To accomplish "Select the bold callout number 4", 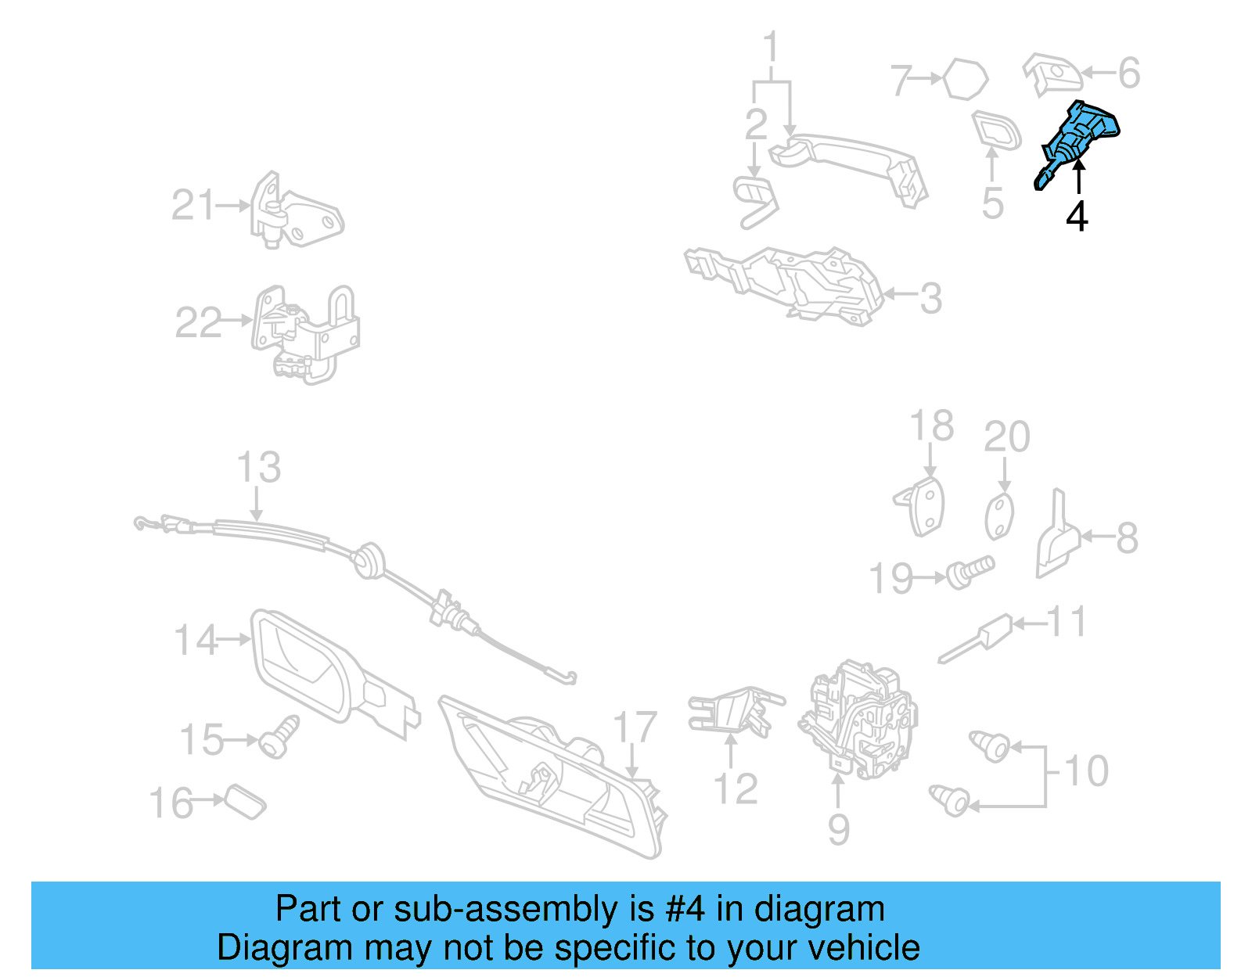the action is click(x=1077, y=217).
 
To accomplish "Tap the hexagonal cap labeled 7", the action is click(x=966, y=78).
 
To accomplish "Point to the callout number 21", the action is click(x=193, y=205).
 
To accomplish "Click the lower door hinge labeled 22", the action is click(x=305, y=334).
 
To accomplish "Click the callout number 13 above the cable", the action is click(x=259, y=467).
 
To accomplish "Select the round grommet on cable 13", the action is click(x=369, y=559).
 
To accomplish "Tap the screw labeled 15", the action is click(x=279, y=736).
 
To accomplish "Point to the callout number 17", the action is click(x=635, y=727).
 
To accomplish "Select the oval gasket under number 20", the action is click(x=999, y=516).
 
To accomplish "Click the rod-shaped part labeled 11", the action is click(x=976, y=638).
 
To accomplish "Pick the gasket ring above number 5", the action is click(x=996, y=131).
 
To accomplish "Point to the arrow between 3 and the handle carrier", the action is click(x=899, y=294).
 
